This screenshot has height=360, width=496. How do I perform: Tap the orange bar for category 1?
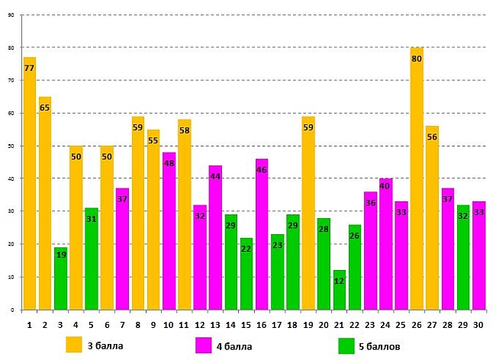(30, 183)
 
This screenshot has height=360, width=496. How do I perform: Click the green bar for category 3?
(60, 278)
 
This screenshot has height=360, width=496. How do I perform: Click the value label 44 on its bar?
(215, 176)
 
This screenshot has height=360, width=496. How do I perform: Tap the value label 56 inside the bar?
(432, 137)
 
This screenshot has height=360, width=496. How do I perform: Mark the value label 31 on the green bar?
(92, 219)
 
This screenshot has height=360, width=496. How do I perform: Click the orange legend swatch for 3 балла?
(74, 345)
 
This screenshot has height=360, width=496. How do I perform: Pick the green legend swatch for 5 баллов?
(347, 346)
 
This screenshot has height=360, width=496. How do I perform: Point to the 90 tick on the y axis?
(11, 15)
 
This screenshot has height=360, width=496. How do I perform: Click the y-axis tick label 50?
(11, 146)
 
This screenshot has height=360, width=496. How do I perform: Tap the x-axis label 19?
(308, 325)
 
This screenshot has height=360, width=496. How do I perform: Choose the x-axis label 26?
(417, 325)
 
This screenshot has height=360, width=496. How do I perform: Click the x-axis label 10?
(169, 325)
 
